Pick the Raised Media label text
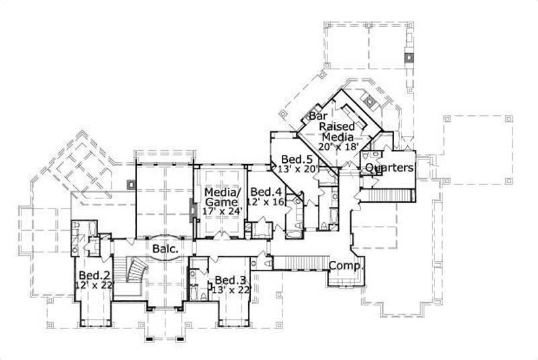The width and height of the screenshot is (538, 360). click(337, 132)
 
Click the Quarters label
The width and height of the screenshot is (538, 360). click(389, 168)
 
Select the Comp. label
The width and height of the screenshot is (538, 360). click(346, 265)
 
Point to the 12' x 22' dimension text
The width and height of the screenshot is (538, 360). click(95, 285)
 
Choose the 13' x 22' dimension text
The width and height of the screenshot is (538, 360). click(231, 290)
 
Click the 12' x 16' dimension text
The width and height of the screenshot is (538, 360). click(266, 201)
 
